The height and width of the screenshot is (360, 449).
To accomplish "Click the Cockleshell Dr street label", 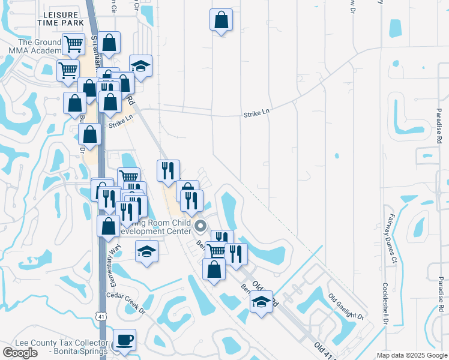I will tap(385, 304).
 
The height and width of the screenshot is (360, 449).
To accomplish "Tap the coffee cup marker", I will tap(124, 340).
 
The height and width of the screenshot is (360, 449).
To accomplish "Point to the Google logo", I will tap(20, 352).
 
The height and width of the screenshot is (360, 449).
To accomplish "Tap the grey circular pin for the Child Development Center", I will tap(200, 227).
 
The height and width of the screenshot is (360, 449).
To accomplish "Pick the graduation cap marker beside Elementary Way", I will tap(146, 251).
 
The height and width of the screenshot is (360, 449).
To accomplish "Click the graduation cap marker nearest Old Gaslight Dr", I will tap(261, 302).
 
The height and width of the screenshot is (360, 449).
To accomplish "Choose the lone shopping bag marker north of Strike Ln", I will tap(221, 20).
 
